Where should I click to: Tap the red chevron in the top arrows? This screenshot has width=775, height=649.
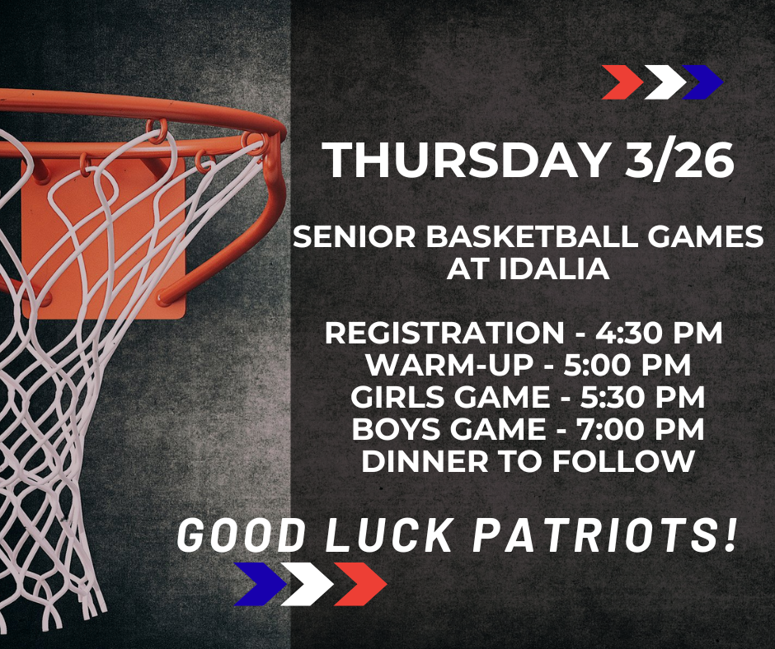pos(622,82)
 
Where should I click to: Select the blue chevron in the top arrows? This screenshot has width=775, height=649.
pos(703,82)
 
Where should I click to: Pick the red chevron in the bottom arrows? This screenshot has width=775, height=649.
pos(361,583)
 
